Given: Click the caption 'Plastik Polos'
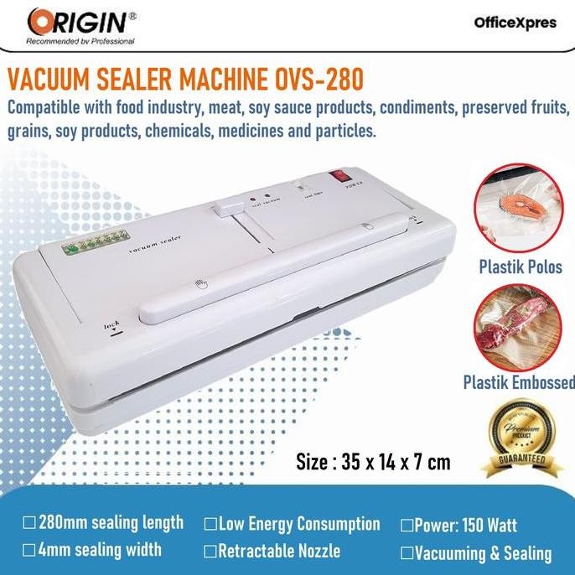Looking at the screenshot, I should (520, 267).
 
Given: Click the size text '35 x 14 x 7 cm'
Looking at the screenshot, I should (373, 462).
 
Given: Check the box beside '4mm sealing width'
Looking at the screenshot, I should (29, 551).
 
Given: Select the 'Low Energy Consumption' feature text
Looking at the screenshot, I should (298, 525).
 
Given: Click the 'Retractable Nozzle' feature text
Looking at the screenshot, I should (278, 551).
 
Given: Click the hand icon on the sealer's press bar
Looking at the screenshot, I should (199, 285).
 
